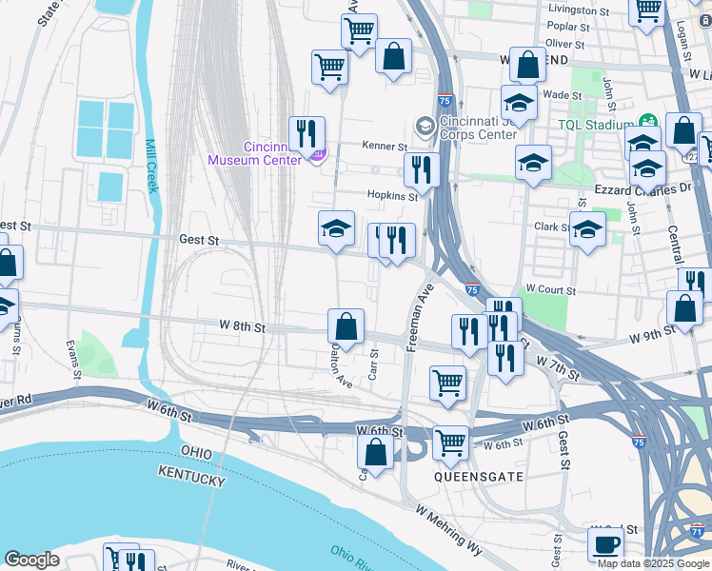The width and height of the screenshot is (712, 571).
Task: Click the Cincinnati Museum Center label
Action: coord(261,153)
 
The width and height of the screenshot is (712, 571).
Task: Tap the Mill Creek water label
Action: coord(150,167)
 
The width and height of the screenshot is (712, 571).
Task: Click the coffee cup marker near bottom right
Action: coord(605,544)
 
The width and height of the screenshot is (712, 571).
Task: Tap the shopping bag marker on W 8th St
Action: coord(346,326)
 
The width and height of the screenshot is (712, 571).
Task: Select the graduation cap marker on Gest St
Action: coord(336,228)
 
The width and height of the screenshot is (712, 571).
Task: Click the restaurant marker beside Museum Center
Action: coord(307,133)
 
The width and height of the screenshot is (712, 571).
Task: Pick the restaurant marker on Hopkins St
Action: coord(421,170)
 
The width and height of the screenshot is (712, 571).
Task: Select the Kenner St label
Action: coord(384,147)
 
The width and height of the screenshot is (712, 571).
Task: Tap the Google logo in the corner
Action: coord(31,561)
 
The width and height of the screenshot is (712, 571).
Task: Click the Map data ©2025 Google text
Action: coord(652,563)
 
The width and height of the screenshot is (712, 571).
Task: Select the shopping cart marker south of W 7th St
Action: coord(447,383)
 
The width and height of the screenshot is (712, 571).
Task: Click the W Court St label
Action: coord(550,288)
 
